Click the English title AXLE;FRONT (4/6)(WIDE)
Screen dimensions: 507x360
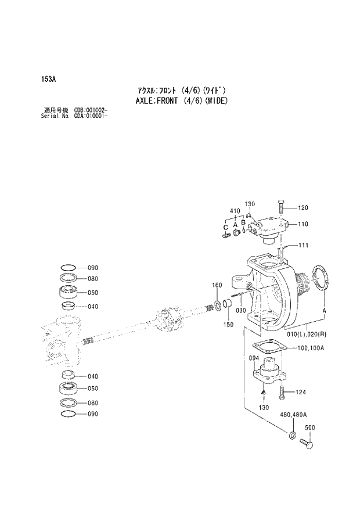point(182,100)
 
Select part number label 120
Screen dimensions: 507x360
point(303,208)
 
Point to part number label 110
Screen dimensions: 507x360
point(303,224)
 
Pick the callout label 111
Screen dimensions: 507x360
point(303,246)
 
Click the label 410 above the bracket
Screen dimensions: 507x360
point(235,211)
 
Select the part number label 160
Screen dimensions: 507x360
point(217,285)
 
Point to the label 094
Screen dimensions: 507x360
point(254,358)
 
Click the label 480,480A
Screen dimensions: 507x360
point(293,415)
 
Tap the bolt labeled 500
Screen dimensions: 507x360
point(307,444)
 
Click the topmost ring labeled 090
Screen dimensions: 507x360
point(69,267)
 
